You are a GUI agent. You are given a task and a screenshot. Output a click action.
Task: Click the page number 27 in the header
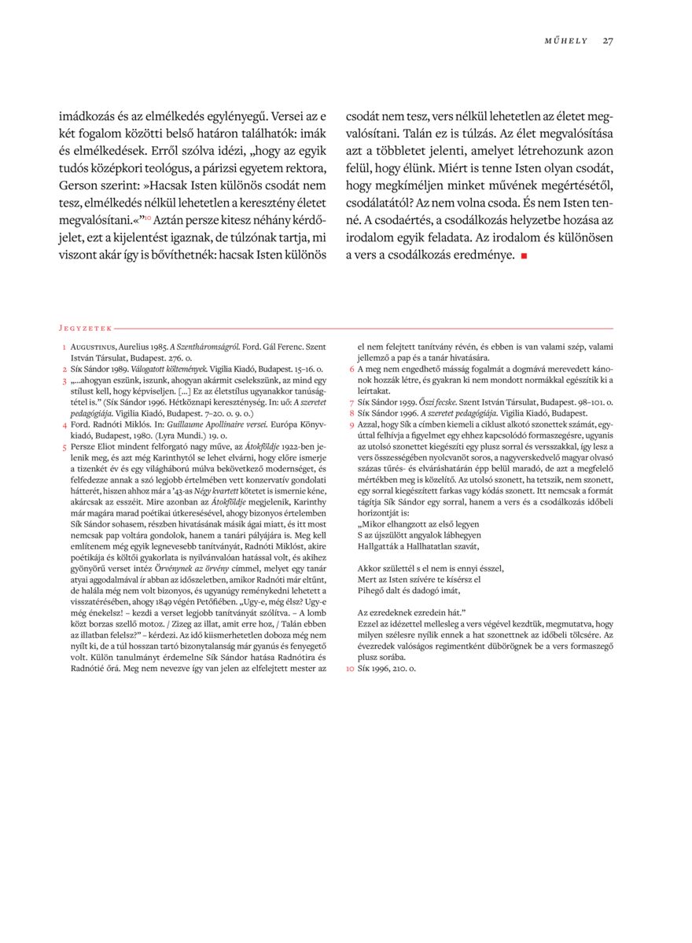(x=608, y=41)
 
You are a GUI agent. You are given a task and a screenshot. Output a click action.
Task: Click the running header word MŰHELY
(x=566, y=41)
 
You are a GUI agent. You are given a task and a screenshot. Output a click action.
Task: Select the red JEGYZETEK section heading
(x=85, y=328)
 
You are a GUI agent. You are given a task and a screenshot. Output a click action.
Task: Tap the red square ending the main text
(x=523, y=255)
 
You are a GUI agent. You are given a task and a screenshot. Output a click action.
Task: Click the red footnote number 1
(x=64, y=347)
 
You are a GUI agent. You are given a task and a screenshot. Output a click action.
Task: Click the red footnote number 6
(x=351, y=369)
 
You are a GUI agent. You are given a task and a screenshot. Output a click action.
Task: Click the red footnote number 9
(x=351, y=424)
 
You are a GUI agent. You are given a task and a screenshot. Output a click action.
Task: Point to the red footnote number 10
(x=351, y=668)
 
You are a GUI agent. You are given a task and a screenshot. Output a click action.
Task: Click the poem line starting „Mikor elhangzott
(x=418, y=523)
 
